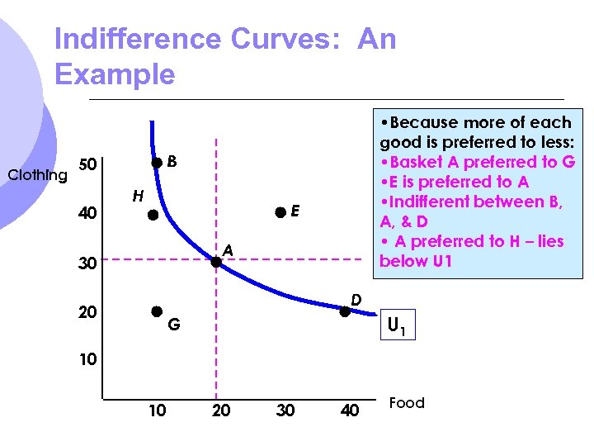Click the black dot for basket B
coord(157,163)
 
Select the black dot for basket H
coord(153,216)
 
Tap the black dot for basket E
coord(281,212)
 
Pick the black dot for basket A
coord(215,262)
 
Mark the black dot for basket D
coord(345,311)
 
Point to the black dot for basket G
coord(155,311)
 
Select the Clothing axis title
coord(37,174)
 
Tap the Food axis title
coord(407,403)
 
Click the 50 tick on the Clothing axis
coord(87,164)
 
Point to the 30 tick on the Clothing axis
coord(87,263)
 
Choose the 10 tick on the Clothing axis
coord(87,360)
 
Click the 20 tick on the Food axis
coord(221,410)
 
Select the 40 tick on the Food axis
coord(350,410)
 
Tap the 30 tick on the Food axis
coord(285,410)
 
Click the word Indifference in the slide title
coord(138,40)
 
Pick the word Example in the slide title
coord(115,75)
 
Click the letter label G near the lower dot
coord(174,325)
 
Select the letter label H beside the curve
coord(139,196)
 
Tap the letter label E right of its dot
coord(295,212)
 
